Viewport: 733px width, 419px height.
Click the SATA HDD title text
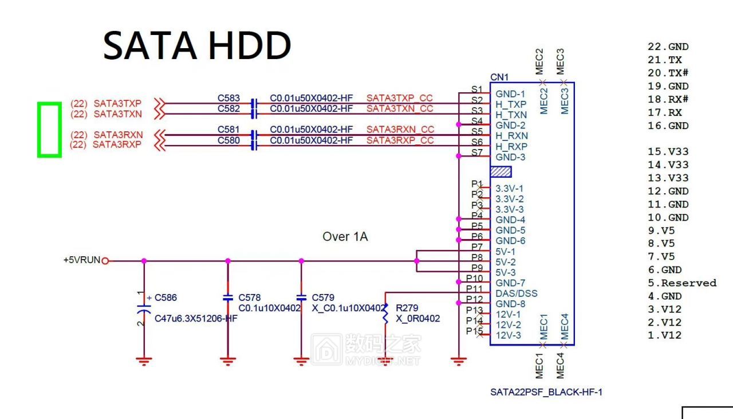pos(197,45)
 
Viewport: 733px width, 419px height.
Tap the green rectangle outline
pos(38,130)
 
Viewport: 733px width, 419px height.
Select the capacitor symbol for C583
pos(254,104)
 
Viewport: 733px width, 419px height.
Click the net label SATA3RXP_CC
pos(400,140)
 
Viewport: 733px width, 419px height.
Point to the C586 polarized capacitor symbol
pos(144,310)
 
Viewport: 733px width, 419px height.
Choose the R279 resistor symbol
pos(385,313)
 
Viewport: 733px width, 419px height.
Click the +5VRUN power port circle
pos(105,261)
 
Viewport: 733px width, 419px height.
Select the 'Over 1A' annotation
pos(345,237)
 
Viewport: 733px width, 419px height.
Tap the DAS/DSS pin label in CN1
pos(517,293)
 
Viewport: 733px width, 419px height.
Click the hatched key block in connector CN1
pos(501,171)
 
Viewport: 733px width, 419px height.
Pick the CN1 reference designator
pos(499,77)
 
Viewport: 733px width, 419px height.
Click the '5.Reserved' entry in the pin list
pos(682,283)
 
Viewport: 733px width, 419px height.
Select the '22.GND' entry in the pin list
pos(668,47)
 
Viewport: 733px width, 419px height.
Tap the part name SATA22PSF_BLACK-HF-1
pos(546,392)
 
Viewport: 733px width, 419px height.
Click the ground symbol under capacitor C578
pos(228,361)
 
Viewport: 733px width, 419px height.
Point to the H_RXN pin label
pos(511,136)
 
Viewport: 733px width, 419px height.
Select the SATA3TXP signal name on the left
pos(117,104)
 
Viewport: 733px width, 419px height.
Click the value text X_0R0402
pos(418,319)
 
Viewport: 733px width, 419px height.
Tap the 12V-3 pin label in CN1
pos(508,335)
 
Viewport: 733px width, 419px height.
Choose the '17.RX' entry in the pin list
pos(665,113)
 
